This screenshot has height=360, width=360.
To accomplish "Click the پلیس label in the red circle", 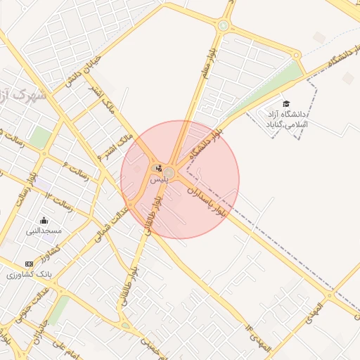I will click(x=159, y=180).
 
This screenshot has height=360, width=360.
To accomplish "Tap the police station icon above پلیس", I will click(x=160, y=169).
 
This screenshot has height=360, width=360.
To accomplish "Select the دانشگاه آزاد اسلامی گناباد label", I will click(x=286, y=118).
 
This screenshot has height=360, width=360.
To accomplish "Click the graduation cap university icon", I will click(x=286, y=103).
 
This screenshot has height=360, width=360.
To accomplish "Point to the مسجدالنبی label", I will click(x=44, y=230).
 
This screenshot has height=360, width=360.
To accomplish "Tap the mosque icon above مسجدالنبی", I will click(x=44, y=219).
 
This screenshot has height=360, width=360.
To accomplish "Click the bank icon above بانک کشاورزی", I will click(x=29, y=263).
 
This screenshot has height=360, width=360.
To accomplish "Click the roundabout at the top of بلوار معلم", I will click(x=224, y=26).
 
